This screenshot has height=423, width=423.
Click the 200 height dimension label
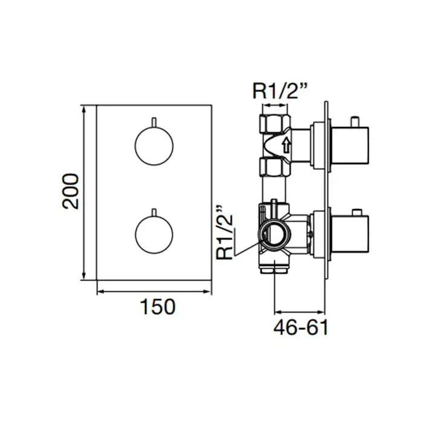click(71, 191)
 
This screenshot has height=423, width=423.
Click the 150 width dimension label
click(158, 307)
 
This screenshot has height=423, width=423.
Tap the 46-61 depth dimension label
click(301, 328)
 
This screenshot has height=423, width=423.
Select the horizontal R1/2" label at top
click(280, 91)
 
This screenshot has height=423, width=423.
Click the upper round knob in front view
click(154, 146)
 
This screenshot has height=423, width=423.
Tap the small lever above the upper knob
click(153, 122)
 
